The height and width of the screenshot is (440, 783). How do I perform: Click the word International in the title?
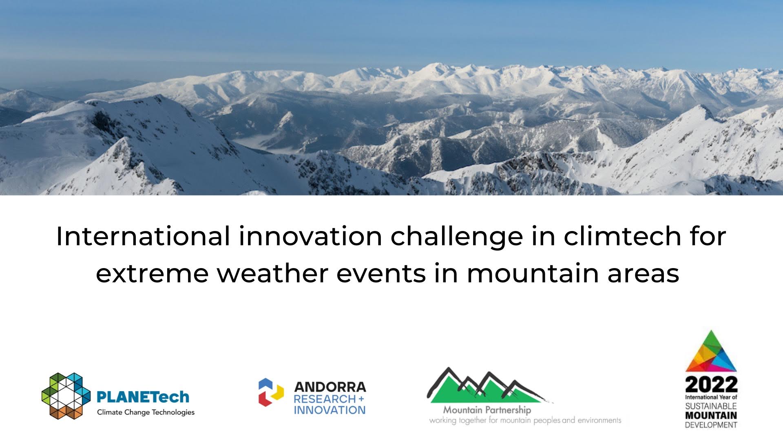click(143, 236)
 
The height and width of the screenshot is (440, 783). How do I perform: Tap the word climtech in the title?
click(622, 236)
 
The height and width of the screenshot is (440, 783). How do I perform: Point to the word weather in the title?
click(272, 273)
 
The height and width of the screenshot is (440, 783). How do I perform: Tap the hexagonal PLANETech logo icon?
click(66, 396)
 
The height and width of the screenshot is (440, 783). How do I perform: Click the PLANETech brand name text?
click(143, 396)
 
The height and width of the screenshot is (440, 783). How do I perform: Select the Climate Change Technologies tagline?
click(146, 412)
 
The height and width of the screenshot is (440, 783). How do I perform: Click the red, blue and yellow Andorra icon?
click(271, 392)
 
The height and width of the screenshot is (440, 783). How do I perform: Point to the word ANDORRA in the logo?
click(330, 387)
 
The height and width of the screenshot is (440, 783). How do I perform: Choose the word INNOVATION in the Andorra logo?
click(330, 410)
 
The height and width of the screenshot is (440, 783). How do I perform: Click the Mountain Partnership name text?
click(487, 410)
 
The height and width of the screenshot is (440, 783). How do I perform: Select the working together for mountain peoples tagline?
click(525, 420)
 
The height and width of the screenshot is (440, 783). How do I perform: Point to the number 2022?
click(711, 384)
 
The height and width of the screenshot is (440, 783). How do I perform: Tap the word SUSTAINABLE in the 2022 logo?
click(711, 406)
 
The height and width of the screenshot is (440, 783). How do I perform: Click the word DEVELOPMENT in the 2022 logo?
click(711, 425)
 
